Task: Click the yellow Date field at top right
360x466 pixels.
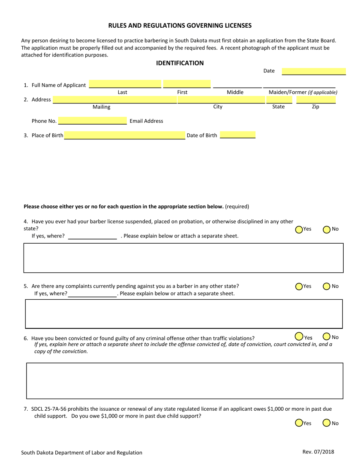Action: pos(314,71)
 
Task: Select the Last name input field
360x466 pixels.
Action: pos(125,84)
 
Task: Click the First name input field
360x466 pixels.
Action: pos(186,84)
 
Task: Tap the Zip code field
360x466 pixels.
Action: pos(316,100)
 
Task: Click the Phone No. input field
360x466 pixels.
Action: pos(92,121)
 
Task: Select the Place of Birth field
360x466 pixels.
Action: pos(124,135)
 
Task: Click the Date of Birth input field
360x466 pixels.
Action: pos(238,135)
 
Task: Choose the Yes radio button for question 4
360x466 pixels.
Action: pos(299,229)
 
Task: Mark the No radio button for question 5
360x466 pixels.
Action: pos(326,286)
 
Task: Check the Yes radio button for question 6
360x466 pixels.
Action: pos(299,336)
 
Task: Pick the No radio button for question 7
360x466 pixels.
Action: pos(326,423)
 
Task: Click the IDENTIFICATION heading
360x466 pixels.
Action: pos(180,63)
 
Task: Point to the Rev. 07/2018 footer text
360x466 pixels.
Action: pos(318,452)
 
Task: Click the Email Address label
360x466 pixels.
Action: pos(146,121)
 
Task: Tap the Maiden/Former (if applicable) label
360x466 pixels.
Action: pos(303,92)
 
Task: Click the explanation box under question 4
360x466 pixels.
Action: pos(183,258)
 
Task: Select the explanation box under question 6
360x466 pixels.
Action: pos(185,381)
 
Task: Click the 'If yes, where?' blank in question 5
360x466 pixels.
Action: pos(92,294)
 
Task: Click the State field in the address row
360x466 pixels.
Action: pos(279,100)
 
